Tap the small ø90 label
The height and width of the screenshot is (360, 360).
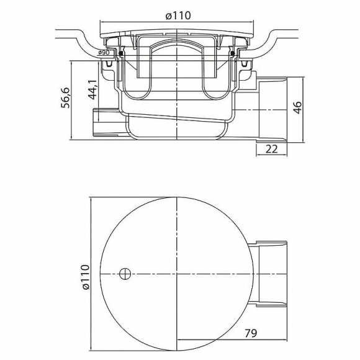[104, 53]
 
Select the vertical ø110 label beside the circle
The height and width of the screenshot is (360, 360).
[84, 276]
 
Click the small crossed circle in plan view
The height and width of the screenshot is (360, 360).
[124, 274]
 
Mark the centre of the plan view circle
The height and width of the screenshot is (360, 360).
[178, 274]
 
